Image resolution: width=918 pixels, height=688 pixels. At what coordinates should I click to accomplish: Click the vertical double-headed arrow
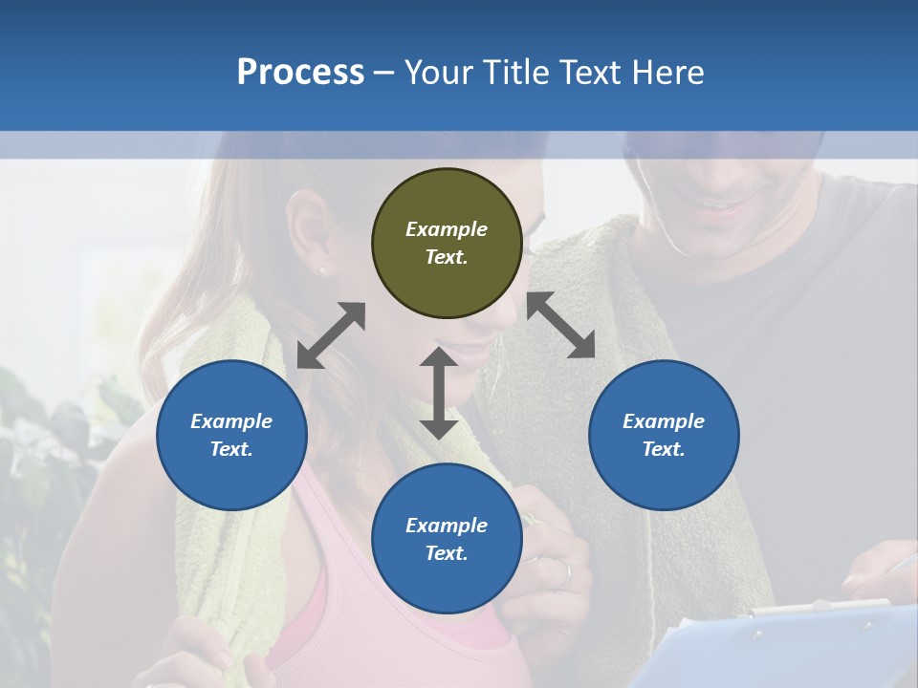pyautogui.click(x=439, y=394)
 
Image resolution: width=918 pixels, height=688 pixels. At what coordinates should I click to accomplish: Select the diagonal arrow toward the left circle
pyautogui.click(x=331, y=335)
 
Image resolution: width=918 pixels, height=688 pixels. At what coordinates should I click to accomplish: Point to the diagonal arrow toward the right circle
pyautogui.click(x=561, y=325)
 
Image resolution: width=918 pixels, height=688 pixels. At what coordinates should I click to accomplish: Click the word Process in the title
pyautogui.click(x=300, y=72)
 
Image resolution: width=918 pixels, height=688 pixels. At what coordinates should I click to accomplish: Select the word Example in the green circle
pyautogui.click(x=447, y=229)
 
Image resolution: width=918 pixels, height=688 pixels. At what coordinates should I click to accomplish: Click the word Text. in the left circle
pyautogui.click(x=231, y=449)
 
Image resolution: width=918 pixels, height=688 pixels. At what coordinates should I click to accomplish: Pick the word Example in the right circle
pyautogui.click(x=664, y=421)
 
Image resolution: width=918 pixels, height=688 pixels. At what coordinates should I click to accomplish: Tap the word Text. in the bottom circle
pyautogui.click(x=447, y=553)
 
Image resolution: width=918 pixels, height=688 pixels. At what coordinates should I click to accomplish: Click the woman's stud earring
pyautogui.click(x=322, y=270)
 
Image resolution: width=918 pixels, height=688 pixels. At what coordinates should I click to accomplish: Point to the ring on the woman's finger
pyautogui.click(x=566, y=573)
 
